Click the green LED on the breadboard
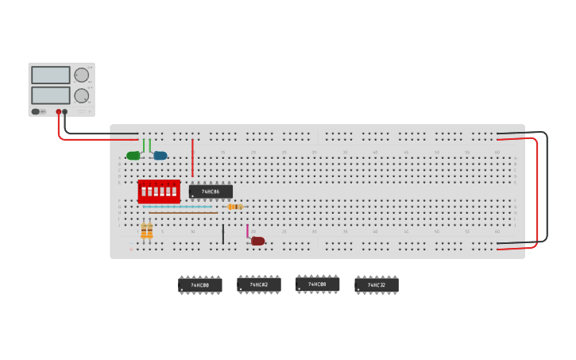pos(133,156)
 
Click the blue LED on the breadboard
pos(160,156)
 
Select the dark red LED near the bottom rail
pos(258,241)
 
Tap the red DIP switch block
pos(159,191)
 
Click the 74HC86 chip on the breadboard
pos(211,192)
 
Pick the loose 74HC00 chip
pos(199,285)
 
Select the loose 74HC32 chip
pos(376,285)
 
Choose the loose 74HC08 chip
pos(317,284)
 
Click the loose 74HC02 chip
pos(258,284)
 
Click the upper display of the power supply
pos(51,75)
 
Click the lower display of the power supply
pos(51,95)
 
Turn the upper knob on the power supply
pos(81,75)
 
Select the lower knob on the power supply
pos(81,95)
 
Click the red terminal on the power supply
pos(58,112)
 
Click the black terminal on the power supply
pos(65,112)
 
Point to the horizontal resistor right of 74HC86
pos(235,207)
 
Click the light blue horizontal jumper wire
pos(179,207)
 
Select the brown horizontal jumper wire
pos(183,212)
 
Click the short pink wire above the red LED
pos(247,230)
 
